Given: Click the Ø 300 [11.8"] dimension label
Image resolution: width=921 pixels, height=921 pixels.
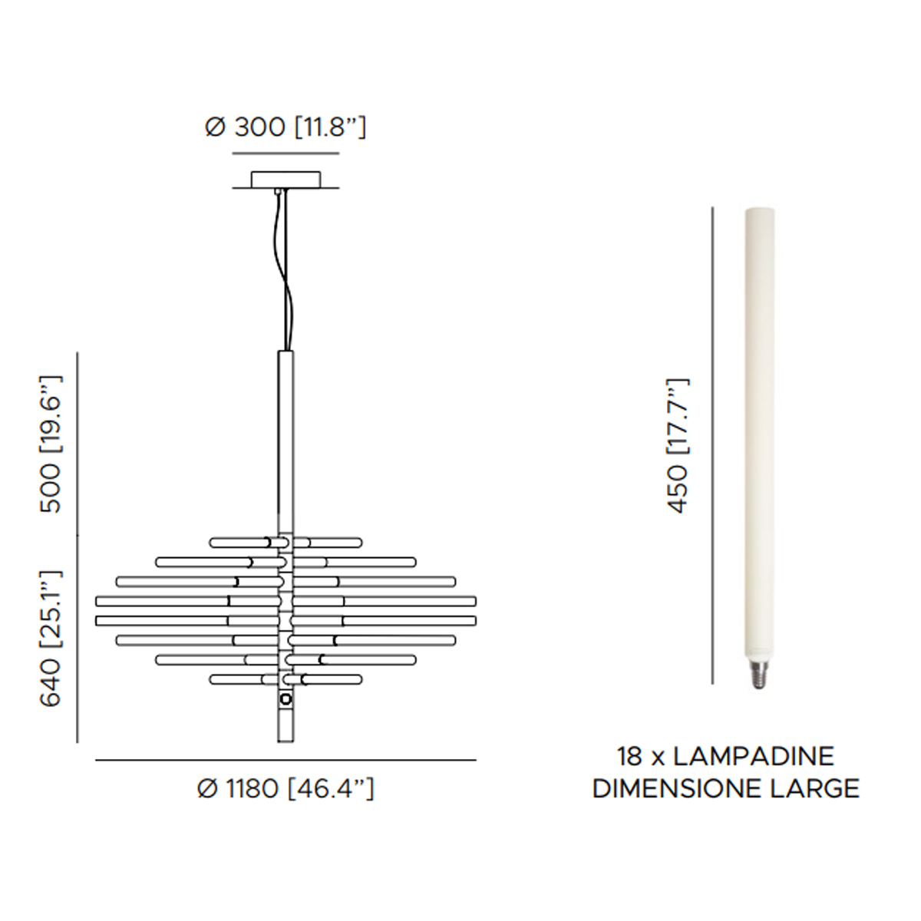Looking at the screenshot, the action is pyautogui.click(x=286, y=127).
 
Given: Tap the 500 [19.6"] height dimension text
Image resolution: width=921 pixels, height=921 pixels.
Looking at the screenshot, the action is pyautogui.click(x=51, y=444).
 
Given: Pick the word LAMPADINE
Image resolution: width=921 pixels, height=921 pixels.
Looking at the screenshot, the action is pyautogui.click(x=754, y=757).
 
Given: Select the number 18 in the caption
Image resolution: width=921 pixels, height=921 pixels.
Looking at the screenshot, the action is pyautogui.click(x=631, y=757).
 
